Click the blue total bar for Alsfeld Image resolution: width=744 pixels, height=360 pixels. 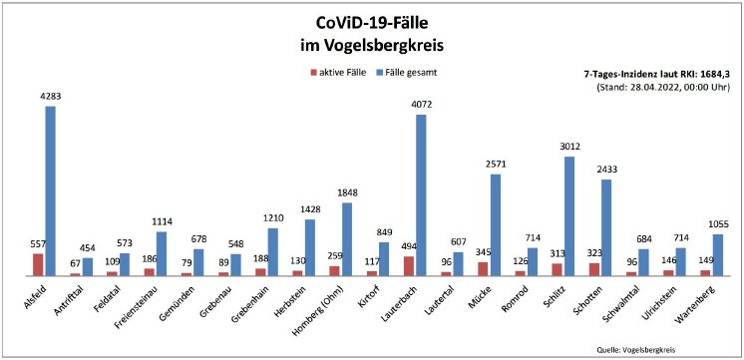(50, 189)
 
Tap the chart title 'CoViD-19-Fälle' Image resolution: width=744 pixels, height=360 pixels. (371, 23)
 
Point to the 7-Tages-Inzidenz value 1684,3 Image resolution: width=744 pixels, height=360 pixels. (713, 74)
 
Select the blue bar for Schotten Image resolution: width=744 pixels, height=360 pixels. (606, 226)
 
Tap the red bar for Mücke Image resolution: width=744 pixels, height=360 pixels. (483, 268)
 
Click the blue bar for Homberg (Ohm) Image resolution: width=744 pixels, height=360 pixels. (347, 238)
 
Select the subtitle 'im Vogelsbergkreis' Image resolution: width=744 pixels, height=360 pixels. (371, 46)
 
